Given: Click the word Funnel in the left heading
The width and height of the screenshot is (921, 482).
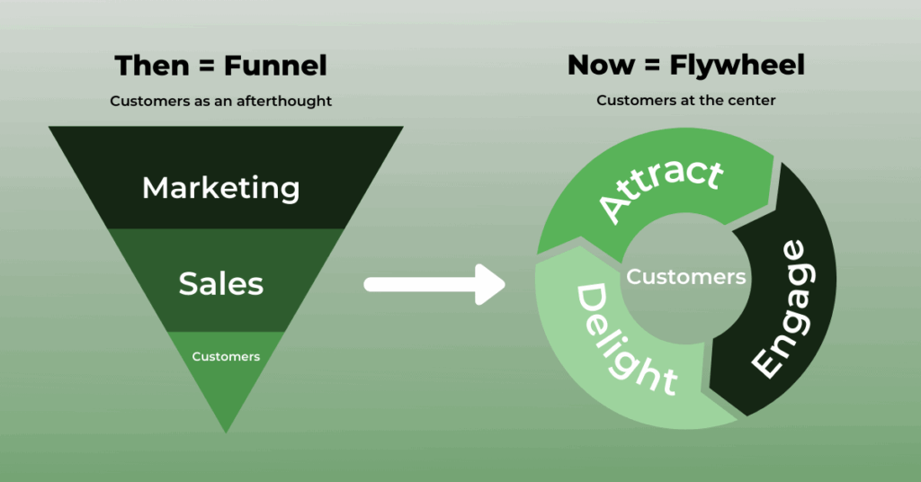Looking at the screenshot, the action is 275,65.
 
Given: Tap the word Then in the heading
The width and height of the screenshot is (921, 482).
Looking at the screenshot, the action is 152,65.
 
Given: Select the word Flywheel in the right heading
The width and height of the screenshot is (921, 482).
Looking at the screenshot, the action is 737,65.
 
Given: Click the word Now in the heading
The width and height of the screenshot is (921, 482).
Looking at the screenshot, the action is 601,65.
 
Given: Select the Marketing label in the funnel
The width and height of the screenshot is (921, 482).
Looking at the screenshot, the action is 221,189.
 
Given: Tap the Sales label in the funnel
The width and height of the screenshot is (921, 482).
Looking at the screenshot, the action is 221,283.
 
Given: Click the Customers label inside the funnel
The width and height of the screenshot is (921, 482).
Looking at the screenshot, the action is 226,356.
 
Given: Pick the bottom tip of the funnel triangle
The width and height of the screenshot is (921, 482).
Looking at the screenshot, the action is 226,433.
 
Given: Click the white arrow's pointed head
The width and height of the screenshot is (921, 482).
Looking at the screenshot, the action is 504,285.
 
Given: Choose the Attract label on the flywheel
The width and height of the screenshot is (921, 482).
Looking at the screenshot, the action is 661,188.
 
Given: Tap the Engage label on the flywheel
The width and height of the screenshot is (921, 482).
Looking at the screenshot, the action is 784,308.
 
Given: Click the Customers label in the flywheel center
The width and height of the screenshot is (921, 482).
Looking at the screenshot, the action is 686,276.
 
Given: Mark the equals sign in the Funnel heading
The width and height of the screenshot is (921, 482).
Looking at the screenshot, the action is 206,66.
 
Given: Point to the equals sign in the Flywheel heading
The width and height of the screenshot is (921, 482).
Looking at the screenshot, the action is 652,65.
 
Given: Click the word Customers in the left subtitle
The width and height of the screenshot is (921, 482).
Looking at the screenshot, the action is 150,101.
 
